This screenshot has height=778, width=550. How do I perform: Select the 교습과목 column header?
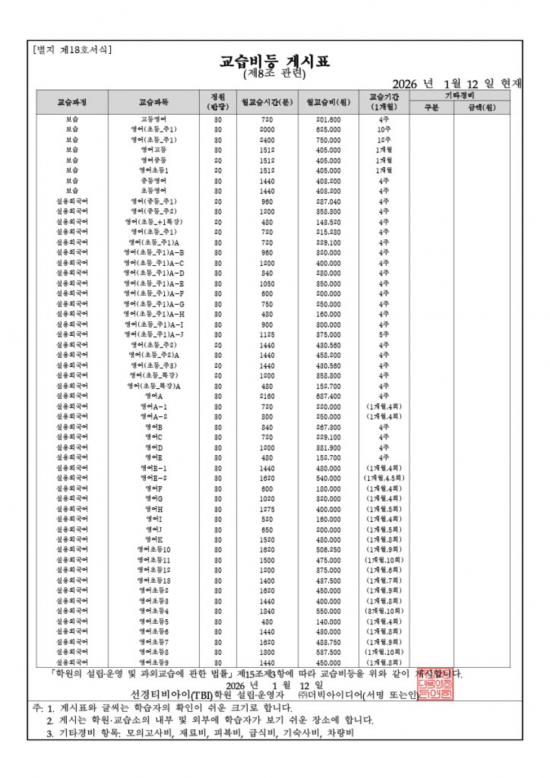(x=154, y=102)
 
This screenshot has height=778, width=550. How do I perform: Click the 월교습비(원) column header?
(x=328, y=102)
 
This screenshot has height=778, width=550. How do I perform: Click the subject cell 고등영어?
(x=154, y=119)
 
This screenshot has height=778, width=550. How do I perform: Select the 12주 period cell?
(x=383, y=139)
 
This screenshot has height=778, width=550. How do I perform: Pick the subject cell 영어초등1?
(x=154, y=170)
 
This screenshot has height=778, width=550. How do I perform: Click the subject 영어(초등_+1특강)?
(x=154, y=222)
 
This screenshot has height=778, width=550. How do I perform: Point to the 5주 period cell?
(x=383, y=335)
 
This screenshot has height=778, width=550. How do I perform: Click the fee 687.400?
(x=328, y=396)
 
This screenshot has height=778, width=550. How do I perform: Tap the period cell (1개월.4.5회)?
(x=383, y=478)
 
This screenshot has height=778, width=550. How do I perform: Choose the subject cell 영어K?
(x=154, y=539)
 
